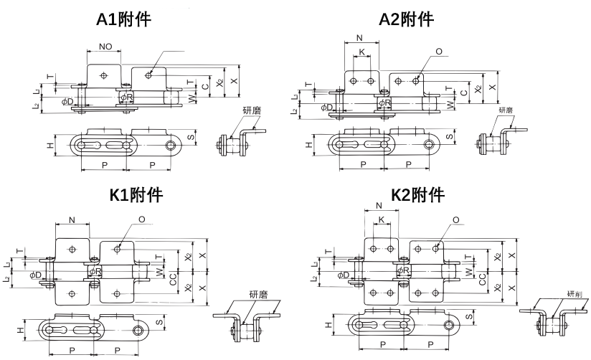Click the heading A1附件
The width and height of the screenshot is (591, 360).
point(123,20)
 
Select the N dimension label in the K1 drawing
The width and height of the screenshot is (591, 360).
point(72,219)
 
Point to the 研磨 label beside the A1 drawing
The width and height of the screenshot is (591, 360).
point(252,110)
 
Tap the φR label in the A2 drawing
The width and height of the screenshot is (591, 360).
point(384,103)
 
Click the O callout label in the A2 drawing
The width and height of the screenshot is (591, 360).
point(438,52)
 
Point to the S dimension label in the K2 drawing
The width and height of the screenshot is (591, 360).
point(468,315)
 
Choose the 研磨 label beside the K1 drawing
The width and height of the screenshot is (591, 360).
point(257,294)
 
